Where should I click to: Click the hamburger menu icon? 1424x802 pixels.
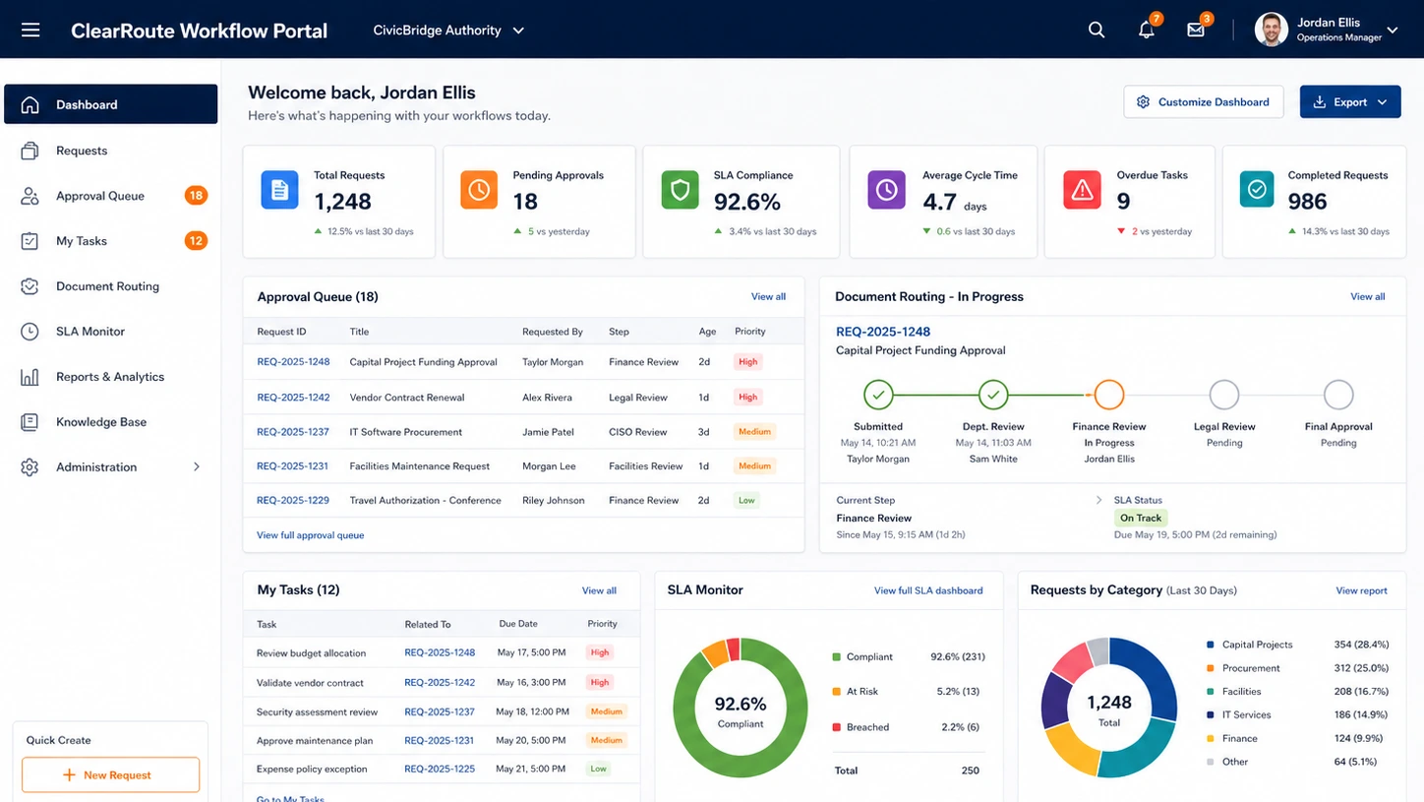pos(30,30)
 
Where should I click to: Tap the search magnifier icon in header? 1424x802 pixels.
pos(1096,30)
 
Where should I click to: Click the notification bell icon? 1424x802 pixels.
pos(1147,30)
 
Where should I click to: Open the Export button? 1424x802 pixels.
pos(1349,101)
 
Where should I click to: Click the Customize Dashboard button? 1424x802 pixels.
pos(1203,101)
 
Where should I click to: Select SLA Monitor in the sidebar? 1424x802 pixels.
pos(90,332)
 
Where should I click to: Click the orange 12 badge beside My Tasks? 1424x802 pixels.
pos(196,241)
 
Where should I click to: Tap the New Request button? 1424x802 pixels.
pos(110,774)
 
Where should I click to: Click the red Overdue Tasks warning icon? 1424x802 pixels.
pos(1082,190)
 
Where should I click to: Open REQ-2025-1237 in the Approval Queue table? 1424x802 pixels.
pos(292,432)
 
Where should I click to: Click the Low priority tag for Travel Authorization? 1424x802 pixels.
pos(746,501)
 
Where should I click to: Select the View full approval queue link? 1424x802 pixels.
pos(310,535)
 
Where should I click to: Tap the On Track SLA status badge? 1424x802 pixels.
pos(1141,519)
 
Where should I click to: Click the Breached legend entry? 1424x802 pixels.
pos(867,727)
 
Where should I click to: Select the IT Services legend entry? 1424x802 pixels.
pos(1246,714)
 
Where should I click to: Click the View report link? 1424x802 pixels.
pos(1361,590)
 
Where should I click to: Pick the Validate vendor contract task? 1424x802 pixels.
pos(310,682)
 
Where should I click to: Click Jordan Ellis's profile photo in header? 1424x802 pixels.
pos(1271,30)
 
